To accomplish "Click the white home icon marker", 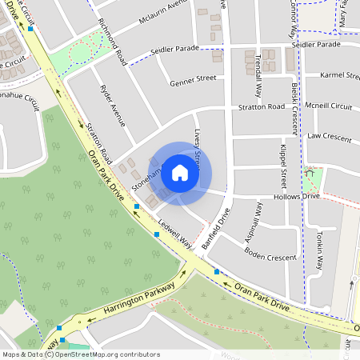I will click(x=180, y=173).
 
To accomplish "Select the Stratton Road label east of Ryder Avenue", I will click(x=260, y=106).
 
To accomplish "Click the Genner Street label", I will click(x=193, y=79).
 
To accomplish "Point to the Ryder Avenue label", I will click(x=110, y=106).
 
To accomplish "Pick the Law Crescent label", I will click(x=329, y=138).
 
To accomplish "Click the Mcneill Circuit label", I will click(x=329, y=106).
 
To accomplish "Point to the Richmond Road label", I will click(x=110, y=42).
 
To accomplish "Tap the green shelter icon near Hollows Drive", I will click(x=310, y=172).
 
